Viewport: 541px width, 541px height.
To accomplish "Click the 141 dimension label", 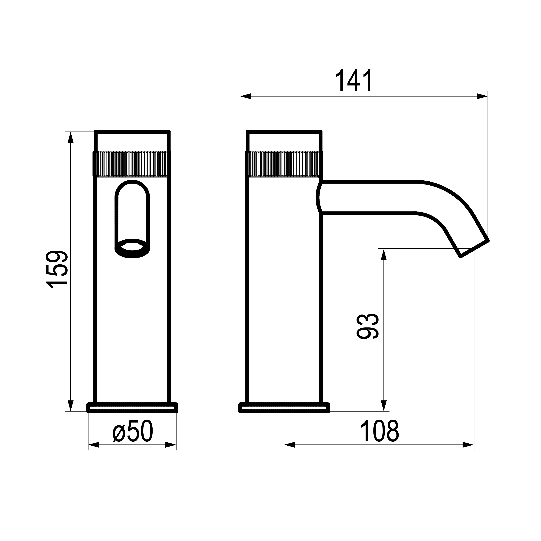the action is [354, 80].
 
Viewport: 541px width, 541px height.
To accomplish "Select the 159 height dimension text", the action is [57, 269].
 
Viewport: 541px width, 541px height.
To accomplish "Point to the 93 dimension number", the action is [368, 326].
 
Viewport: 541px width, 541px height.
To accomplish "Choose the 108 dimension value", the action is [380, 432].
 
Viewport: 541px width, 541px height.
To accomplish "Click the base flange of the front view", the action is [132, 408].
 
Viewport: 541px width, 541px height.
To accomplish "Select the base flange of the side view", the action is [284, 408].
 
